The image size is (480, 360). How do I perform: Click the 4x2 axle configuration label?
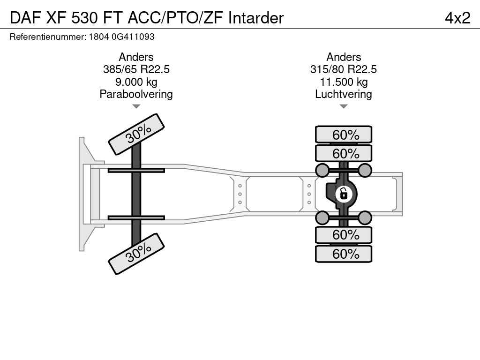click(x=457, y=18)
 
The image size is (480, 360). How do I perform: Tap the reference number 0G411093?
click(x=133, y=37)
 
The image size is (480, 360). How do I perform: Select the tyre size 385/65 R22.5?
click(x=136, y=69)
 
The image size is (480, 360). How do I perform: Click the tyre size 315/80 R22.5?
click(x=344, y=69)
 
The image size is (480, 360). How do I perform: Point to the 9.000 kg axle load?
click(x=136, y=82)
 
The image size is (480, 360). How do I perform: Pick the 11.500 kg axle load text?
click(x=344, y=82)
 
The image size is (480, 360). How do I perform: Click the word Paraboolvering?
click(x=136, y=94)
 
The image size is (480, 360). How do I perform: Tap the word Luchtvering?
click(x=344, y=94)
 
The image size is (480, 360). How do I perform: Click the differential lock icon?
click(x=344, y=194)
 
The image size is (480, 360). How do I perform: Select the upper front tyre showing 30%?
click(x=136, y=135)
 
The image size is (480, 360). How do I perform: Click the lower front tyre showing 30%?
click(x=136, y=254)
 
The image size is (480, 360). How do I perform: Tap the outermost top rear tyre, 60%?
click(x=344, y=135)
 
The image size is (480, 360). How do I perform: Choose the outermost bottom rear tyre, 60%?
click(x=344, y=254)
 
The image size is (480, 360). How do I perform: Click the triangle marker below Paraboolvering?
click(x=136, y=106)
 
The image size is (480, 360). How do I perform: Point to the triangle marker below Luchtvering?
click(x=344, y=106)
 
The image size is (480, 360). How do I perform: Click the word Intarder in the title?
click(x=256, y=18)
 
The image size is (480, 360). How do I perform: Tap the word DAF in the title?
click(x=25, y=18)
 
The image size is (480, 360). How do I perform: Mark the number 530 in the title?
click(x=85, y=18)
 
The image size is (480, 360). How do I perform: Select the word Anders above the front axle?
click(x=136, y=57)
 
